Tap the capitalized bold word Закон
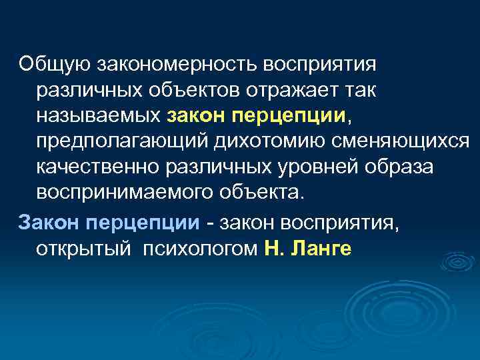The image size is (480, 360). click(x=51, y=221)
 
